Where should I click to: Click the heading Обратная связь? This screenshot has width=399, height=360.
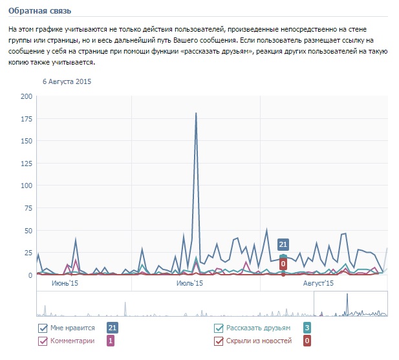(40, 11)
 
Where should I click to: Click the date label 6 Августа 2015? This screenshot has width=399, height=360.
(67, 82)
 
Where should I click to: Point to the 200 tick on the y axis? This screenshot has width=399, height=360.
(27, 96)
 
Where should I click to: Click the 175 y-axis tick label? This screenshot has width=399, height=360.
(27, 118)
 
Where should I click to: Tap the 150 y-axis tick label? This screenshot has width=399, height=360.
(27, 140)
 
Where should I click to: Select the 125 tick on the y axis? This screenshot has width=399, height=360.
(27, 163)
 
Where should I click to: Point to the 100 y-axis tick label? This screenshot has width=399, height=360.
(27, 185)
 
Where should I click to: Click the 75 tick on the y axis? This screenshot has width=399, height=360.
(28, 207)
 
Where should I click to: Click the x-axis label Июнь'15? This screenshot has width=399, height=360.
(65, 283)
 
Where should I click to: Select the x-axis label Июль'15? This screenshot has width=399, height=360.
(189, 283)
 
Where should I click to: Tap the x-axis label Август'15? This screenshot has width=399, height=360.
(319, 283)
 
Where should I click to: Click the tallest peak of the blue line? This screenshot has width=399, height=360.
(196, 113)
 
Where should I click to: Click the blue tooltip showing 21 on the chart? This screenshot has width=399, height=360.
(283, 244)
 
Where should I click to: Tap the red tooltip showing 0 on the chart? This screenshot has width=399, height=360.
(283, 264)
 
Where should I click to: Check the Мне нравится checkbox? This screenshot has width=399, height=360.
(43, 328)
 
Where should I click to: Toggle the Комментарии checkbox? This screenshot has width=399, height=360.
(43, 341)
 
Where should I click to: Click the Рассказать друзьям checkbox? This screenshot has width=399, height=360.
(219, 328)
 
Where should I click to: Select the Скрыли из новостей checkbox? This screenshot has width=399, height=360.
(219, 341)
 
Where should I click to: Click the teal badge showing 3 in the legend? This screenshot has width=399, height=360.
(307, 328)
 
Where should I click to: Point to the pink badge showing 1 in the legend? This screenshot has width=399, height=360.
(111, 341)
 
